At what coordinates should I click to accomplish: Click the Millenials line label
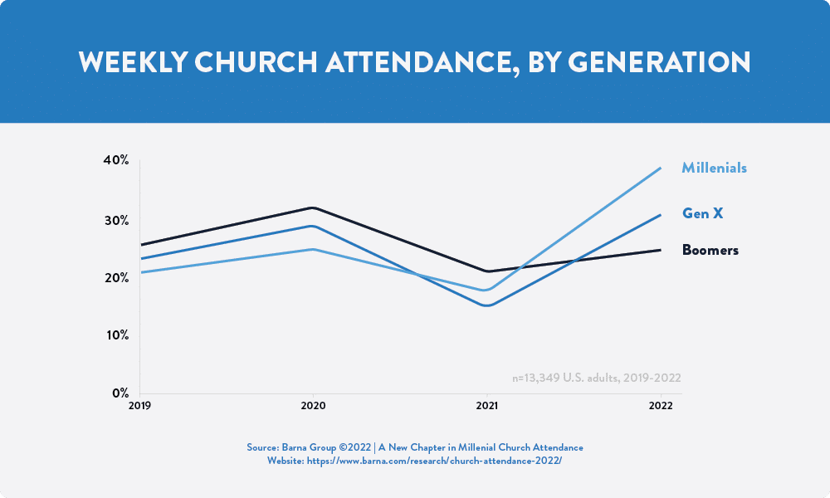click(714, 168)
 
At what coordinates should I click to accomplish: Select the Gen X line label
click(702, 213)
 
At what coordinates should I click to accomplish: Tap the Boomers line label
click(710, 250)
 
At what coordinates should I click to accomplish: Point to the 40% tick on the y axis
click(116, 160)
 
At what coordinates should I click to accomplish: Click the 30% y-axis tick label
click(116, 221)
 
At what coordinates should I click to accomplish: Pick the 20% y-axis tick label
click(116, 278)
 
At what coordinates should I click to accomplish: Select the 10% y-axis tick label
click(118, 335)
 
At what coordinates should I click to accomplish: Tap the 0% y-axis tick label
click(120, 393)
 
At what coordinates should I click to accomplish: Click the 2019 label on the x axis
click(139, 406)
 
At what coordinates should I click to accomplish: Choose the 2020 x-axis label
click(314, 406)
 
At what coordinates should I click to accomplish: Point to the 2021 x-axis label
click(487, 406)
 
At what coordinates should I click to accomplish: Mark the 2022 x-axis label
click(661, 406)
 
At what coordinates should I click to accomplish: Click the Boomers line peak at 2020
click(314, 208)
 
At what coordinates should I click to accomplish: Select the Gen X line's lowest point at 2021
click(487, 305)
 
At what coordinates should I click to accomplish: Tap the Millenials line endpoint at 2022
click(660, 168)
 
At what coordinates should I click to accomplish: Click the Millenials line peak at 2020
click(314, 249)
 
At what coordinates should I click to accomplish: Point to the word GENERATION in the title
click(659, 62)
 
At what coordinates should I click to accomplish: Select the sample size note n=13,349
click(597, 378)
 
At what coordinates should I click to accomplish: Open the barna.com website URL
click(434, 461)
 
